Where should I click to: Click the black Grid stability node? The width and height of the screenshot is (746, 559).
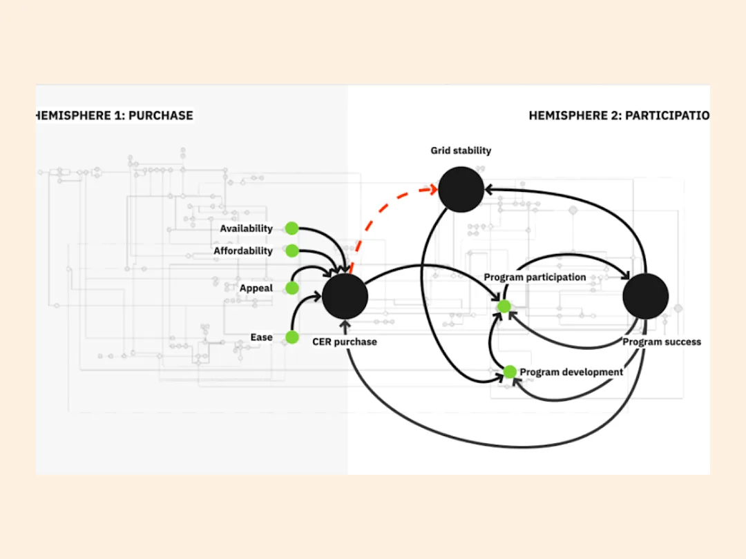pos(461,189)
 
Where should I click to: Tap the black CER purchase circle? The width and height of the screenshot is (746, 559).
pos(345,296)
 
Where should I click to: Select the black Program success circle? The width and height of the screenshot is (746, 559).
pos(646,296)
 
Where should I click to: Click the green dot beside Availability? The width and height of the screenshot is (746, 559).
pos(291,228)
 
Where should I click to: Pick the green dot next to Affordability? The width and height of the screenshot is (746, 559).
pos(291,251)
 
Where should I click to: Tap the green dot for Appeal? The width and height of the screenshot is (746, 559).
pos(291,288)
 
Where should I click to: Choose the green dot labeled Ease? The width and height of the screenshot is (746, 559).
pos(291,337)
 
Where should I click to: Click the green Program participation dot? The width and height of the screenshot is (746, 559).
pos(504,306)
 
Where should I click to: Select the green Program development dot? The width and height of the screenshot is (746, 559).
pos(510,372)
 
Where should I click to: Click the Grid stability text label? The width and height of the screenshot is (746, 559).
pos(461,150)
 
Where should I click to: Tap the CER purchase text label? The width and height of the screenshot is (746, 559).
pos(345,342)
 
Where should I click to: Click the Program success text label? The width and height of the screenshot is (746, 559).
pos(662,342)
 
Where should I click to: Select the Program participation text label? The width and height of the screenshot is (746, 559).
pos(535,277)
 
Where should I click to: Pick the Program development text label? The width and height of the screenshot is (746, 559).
pos(571,372)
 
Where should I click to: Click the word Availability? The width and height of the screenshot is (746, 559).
pos(246,228)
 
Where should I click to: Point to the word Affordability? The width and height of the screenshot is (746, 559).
pos(242,251)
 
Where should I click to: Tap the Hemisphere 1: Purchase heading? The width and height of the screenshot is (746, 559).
pos(114,115)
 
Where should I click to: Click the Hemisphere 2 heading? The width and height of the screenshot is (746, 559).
pos(619,115)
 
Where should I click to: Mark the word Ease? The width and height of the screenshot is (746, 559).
pos(261,337)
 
